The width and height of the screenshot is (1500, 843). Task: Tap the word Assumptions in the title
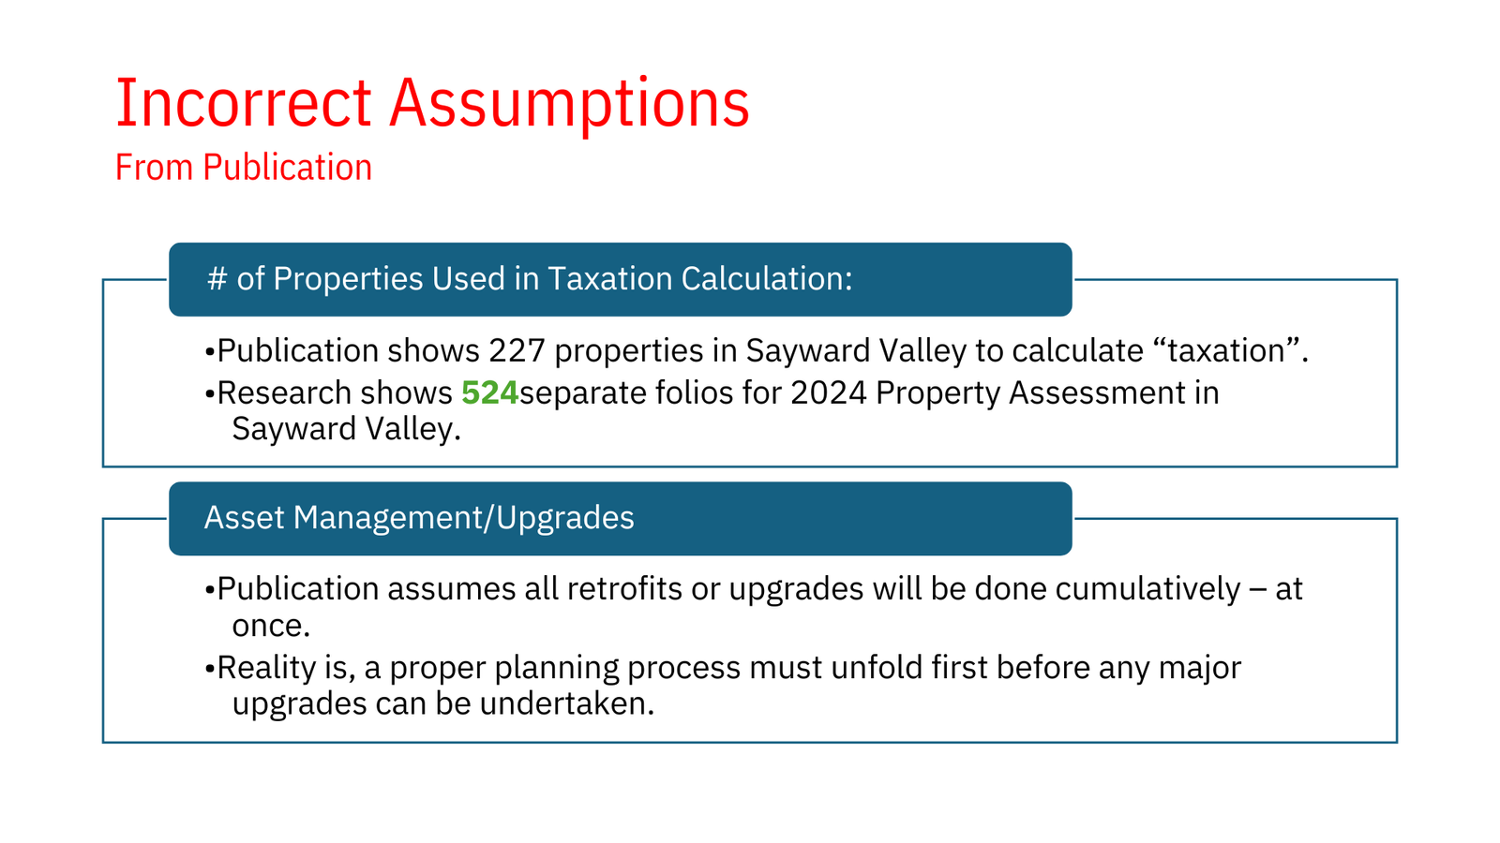569,106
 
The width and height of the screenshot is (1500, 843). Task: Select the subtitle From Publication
244,167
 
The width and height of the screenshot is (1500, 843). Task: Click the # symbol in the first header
217,278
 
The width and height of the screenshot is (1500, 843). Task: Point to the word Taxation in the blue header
610,278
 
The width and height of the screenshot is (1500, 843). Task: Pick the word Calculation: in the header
767,278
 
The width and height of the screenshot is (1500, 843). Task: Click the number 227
517,350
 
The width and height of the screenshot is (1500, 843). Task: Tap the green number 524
489,392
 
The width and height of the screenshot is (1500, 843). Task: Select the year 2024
829,392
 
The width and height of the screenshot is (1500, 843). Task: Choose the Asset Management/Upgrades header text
419,518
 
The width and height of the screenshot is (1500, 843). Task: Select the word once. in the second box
271,626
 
